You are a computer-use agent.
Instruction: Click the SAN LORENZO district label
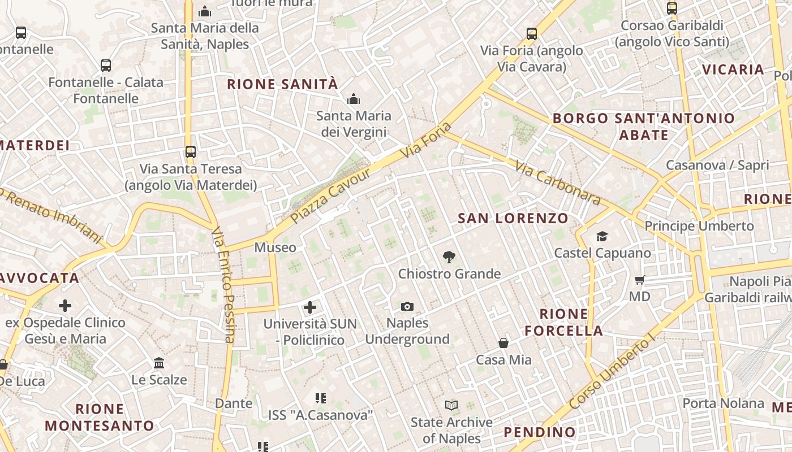point(513,218)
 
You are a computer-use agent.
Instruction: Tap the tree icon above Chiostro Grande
point(449,258)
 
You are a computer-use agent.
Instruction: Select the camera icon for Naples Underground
point(407,307)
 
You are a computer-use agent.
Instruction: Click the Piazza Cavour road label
point(331,195)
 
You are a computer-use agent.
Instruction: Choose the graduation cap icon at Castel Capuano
point(602,236)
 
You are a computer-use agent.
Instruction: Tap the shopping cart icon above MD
point(640,280)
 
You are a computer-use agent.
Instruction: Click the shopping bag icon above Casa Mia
point(503,343)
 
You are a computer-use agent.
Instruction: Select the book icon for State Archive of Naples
point(451,406)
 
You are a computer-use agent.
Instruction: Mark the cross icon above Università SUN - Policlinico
point(310,307)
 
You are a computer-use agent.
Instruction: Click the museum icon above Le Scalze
point(159,363)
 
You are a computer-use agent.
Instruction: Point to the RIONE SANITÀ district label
point(282,85)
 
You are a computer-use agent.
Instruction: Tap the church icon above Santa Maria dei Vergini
point(354,99)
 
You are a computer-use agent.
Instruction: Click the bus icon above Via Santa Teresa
point(191,152)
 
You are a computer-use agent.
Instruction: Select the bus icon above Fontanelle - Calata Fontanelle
point(106,66)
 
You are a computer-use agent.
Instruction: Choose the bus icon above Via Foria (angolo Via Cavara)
point(532,34)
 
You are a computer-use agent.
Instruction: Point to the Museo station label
point(275,247)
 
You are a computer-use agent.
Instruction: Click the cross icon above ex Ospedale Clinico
point(65,306)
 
